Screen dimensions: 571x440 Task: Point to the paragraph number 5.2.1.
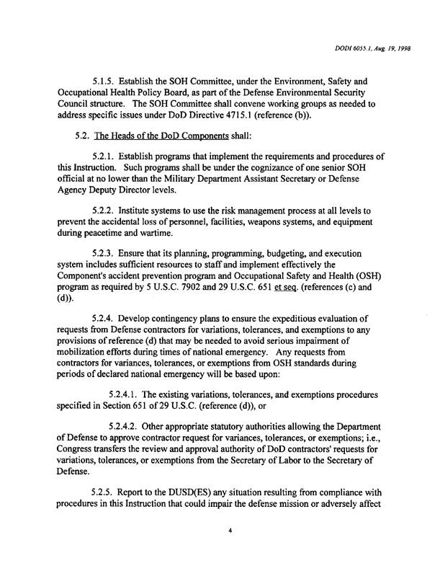[108, 176]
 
